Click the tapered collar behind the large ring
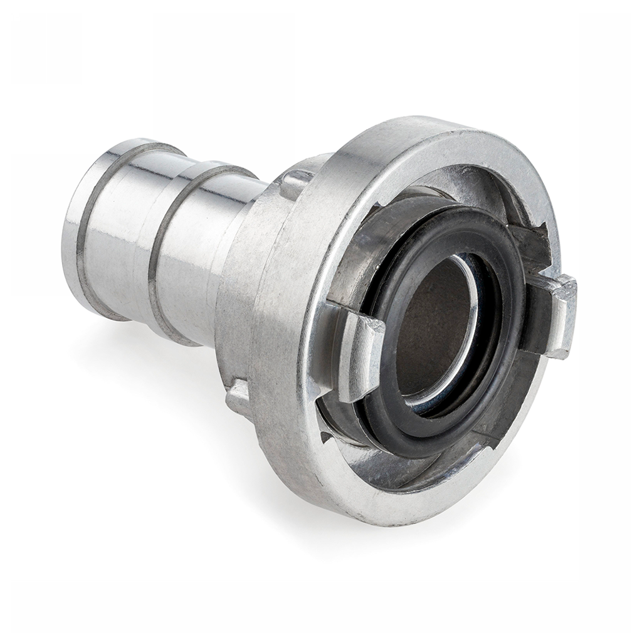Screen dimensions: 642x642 tap(245, 301)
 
